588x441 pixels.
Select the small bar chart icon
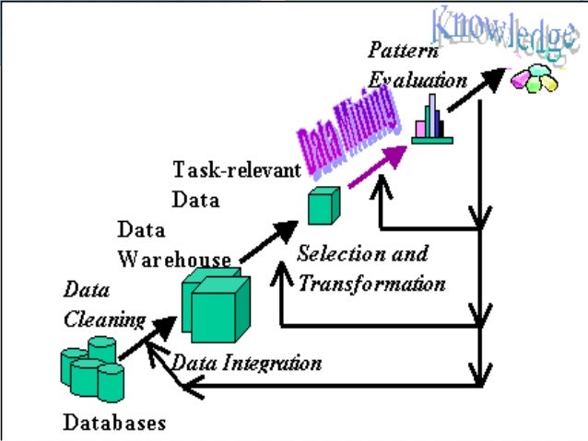(x=430, y=120)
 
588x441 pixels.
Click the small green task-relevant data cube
(x=323, y=204)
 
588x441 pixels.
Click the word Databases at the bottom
(x=114, y=423)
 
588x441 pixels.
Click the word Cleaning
(x=104, y=319)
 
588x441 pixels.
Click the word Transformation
(x=370, y=283)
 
